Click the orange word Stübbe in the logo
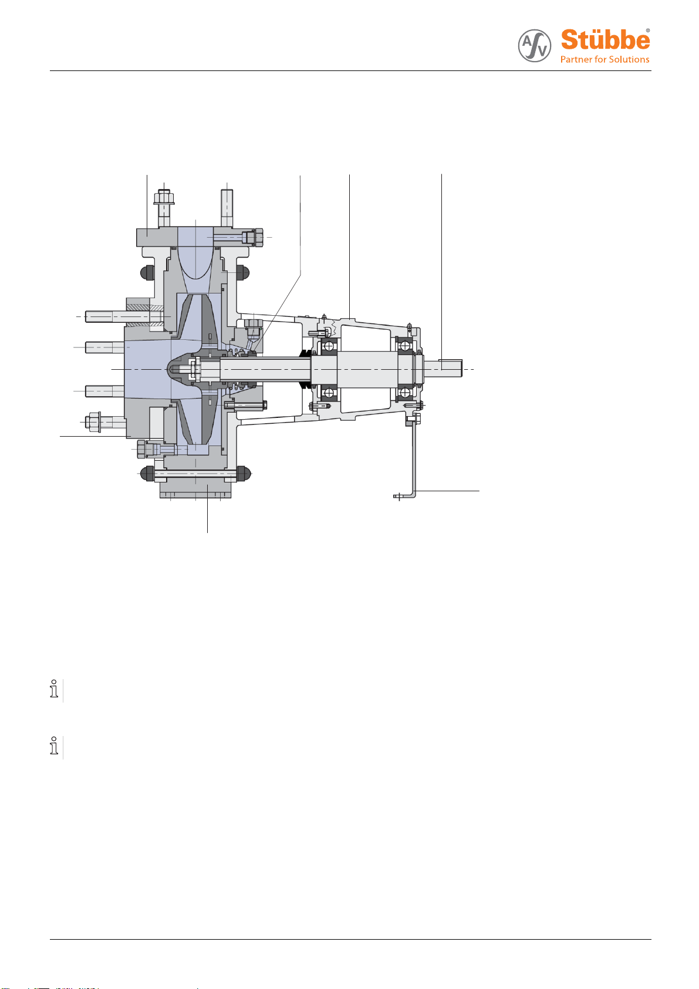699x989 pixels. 605,40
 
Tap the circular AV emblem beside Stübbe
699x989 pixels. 534,45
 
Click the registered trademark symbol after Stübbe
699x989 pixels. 648,31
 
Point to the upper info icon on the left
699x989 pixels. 54,688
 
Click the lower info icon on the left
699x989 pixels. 54,746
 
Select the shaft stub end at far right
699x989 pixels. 443,368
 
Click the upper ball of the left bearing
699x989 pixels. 329,346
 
